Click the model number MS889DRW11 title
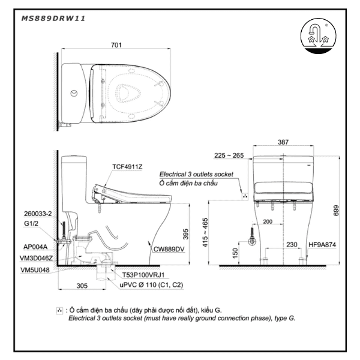point(53,19)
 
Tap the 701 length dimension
point(118,44)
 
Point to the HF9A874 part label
point(322,244)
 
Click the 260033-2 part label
point(38,213)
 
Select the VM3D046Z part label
point(38,257)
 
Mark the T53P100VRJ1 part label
point(144,274)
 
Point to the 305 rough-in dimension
point(83,286)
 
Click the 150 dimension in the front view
point(235,253)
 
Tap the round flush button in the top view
point(73,93)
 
